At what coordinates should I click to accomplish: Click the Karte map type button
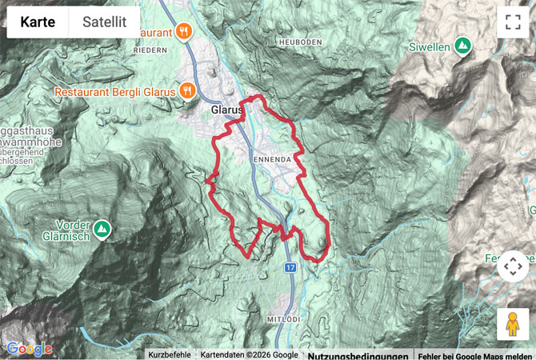38,22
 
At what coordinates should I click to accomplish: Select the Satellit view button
105,22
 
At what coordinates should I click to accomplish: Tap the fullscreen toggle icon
513,22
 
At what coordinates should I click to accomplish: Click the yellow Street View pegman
513,325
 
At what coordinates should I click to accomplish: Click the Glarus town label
226,110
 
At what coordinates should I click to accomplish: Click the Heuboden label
300,41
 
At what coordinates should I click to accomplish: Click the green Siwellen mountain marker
462,46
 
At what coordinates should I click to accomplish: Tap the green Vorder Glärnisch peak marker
102,230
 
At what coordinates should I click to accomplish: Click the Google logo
29,349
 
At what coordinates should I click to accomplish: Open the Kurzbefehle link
169,354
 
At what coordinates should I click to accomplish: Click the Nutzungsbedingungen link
359,354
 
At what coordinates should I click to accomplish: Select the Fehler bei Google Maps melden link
475,354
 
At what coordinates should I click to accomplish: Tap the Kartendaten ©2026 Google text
249,354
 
